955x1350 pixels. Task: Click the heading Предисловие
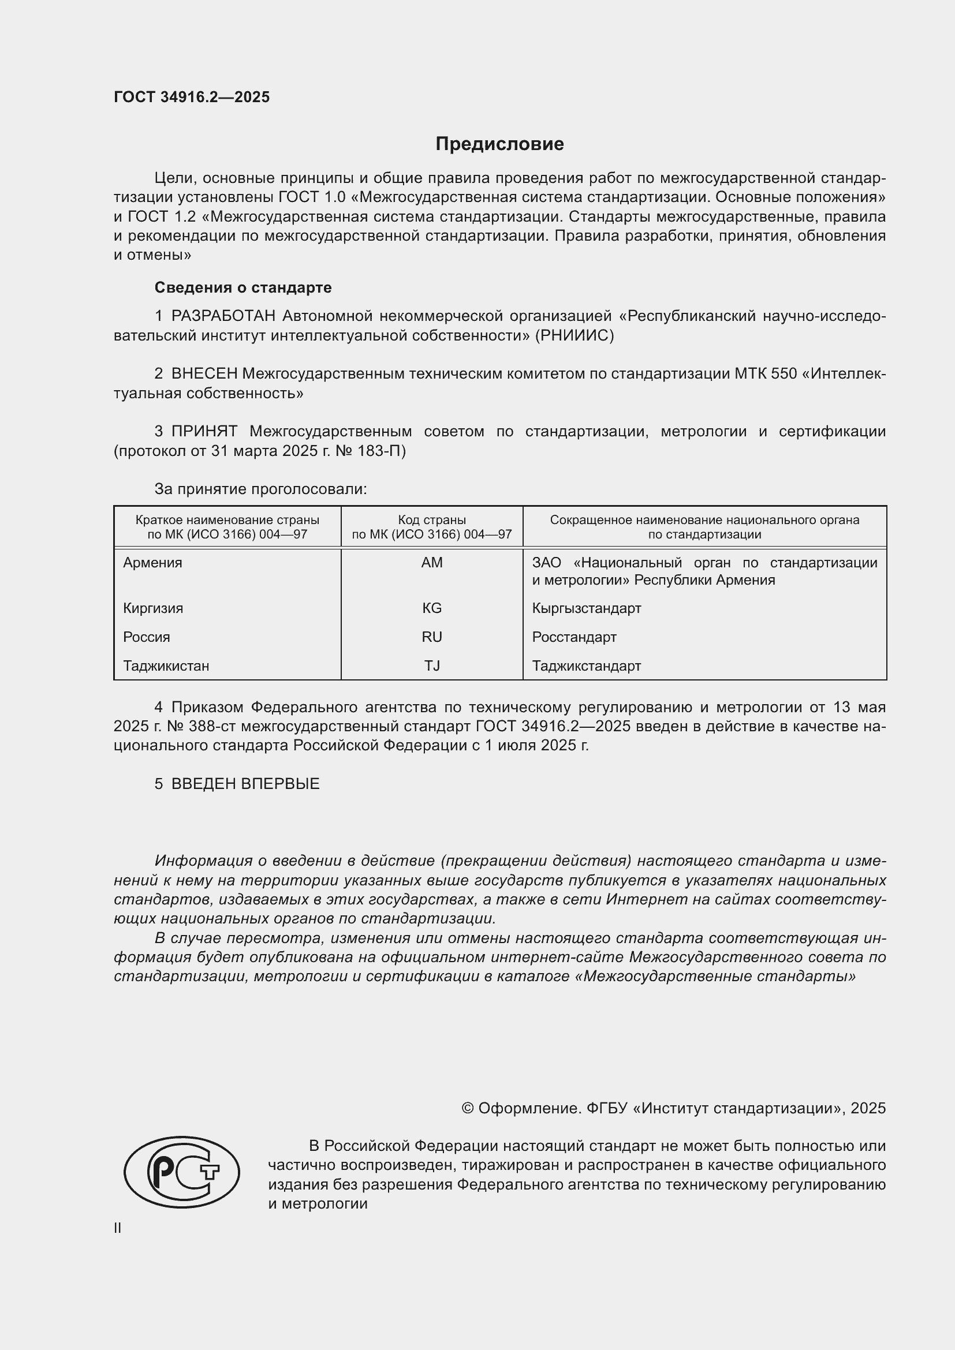pos(499,144)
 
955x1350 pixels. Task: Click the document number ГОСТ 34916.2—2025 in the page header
pos(192,97)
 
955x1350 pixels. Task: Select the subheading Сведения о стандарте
pos(243,287)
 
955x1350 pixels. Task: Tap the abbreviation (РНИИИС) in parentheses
pos(574,336)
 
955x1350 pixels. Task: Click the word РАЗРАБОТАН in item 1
pos(223,316)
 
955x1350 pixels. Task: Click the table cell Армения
pos(153,563)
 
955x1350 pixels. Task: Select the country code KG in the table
pos(432,608)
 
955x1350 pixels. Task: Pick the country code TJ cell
pos(432,665)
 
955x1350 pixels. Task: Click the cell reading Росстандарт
pos(574,637)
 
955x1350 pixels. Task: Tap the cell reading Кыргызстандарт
pos(586,608)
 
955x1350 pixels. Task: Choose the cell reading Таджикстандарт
pos(586,665)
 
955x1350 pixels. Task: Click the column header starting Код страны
pos(432,527)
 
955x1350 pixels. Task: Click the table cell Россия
pos(147,637)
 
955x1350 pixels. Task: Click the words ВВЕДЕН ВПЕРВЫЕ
pos(245,784)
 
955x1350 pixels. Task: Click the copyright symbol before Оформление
pos(468,1108)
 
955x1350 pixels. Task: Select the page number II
pos(118,1228)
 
